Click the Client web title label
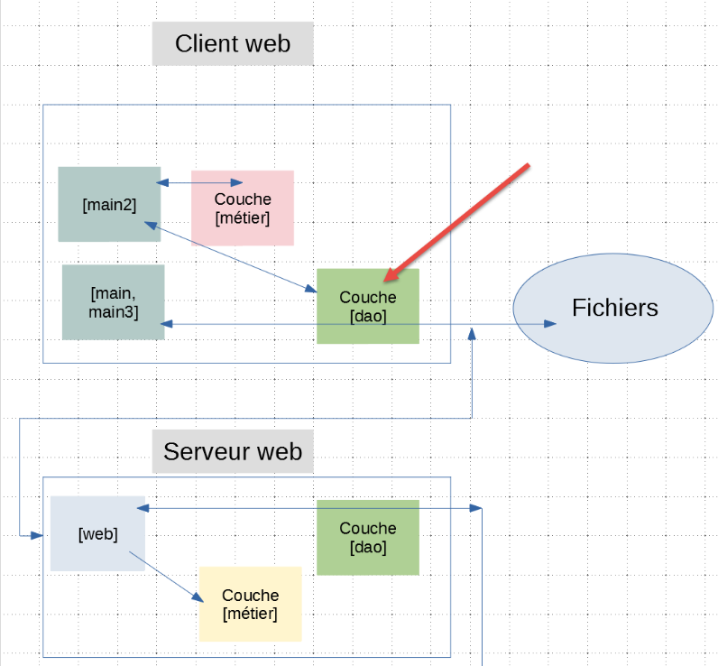[x=233, y=43]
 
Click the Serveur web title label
[x=233, y=451]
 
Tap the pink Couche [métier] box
[x=243, y=208]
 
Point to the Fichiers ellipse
[x=614, y=308]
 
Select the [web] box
[x=97, y=533]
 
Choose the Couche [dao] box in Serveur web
[x=368, y=538]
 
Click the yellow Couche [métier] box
[x=251, y=605]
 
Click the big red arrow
[x=460, y=220]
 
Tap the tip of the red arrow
[x=385, y=279]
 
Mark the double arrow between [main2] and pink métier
[x=200, y=183]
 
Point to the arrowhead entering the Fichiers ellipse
[x=549, y=323]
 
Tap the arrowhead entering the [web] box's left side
[x=37, y=535]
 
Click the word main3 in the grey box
[x=113, y=312]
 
